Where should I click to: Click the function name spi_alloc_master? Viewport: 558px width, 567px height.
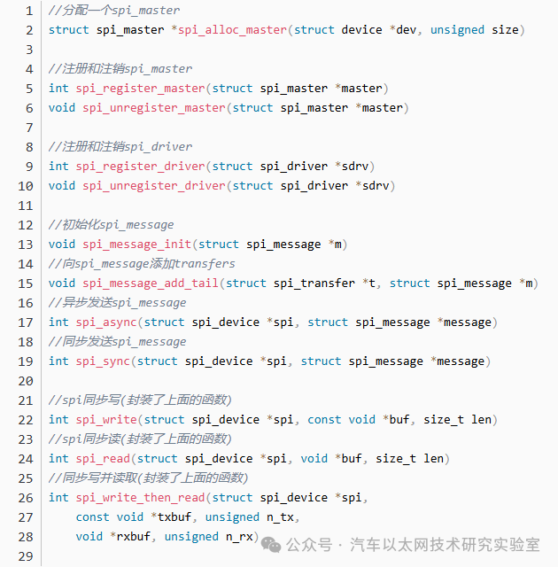coord(232,30)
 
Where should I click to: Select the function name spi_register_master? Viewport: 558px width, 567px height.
coord(140,89)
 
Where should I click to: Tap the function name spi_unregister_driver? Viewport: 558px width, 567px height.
coord(154,186)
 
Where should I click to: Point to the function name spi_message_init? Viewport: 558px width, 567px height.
coord(136,245)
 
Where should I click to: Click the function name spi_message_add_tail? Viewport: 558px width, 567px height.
coord(151,283)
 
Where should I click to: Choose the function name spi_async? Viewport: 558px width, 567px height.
coord(106,322)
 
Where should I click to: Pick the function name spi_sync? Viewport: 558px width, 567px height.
coord(103,361)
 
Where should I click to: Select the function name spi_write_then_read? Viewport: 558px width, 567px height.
coord(140,498)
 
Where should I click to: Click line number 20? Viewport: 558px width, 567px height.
coord(26,381)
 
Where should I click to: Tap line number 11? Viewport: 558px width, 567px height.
coord(26,206)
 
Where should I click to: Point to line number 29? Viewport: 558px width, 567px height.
coord(26,556)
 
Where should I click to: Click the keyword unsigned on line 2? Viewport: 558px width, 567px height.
coord(457,30)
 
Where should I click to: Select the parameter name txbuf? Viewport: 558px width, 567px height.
coord(174,517)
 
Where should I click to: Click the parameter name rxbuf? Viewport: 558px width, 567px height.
coord(134,537)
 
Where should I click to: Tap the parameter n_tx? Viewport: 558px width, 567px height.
coord(280,517)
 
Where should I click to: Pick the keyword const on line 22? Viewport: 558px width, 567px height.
coord(324,420)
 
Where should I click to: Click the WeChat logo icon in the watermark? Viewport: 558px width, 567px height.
coord(271,545)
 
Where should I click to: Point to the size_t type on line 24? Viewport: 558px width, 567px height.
coord(396,459)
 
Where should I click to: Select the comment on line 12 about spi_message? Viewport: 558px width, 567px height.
coord(112,225)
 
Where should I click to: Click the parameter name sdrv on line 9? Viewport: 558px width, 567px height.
coord(355,167)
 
